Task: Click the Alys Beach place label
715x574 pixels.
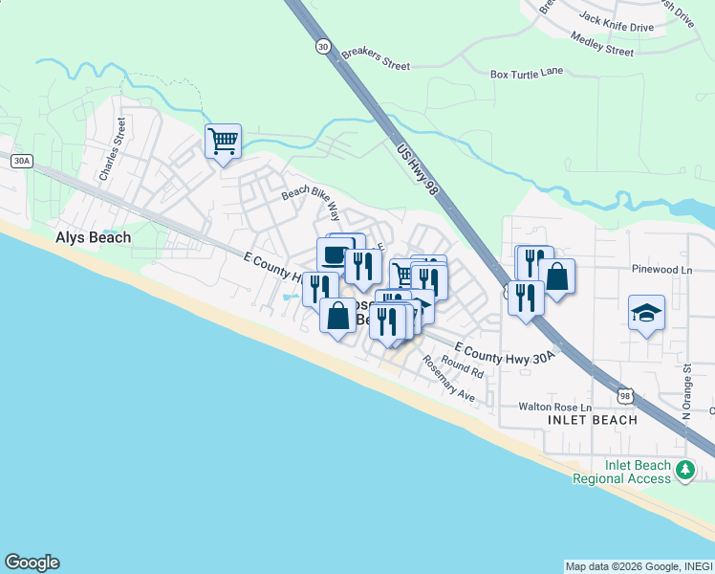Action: pyautogui.click(x=93, y=237)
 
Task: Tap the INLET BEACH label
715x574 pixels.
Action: pyautogui.click(x=593, y=420)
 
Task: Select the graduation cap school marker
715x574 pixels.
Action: pyautogui.click(x=646, y=313)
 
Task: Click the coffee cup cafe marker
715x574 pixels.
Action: pyautogui.click(x=334, y=255)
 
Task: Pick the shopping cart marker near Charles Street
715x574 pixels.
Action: pyautogui.click(x=223, y=142)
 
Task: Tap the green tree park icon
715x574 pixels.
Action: pyautogui.click(x=684, y=470)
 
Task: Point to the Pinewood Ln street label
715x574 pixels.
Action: pyautogui.click(x=661, y=270)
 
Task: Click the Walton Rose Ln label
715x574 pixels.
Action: pyautogui.click(x=554, y=407)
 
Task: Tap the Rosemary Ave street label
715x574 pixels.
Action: pyautogui.click(x=448, y=379)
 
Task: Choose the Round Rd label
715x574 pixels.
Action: pyautogui.click(x=464, y=368)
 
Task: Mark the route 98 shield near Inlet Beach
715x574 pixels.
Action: pyautogui.click(x=624, y=394)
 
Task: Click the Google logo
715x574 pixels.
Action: pyautogui.click(x=32, y=563)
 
